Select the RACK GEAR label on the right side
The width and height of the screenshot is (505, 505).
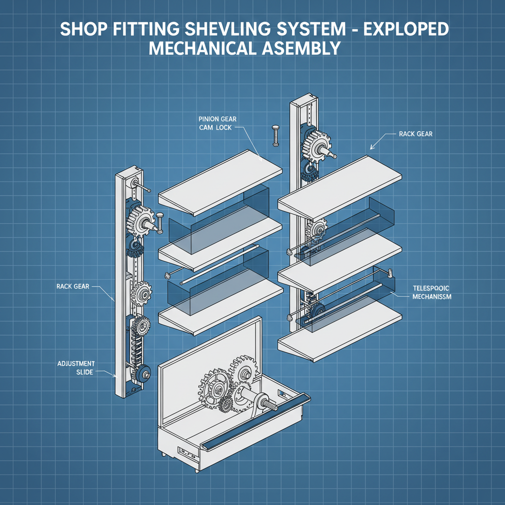pos(415,134)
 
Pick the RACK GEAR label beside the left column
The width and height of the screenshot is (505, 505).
pos(73,287)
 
